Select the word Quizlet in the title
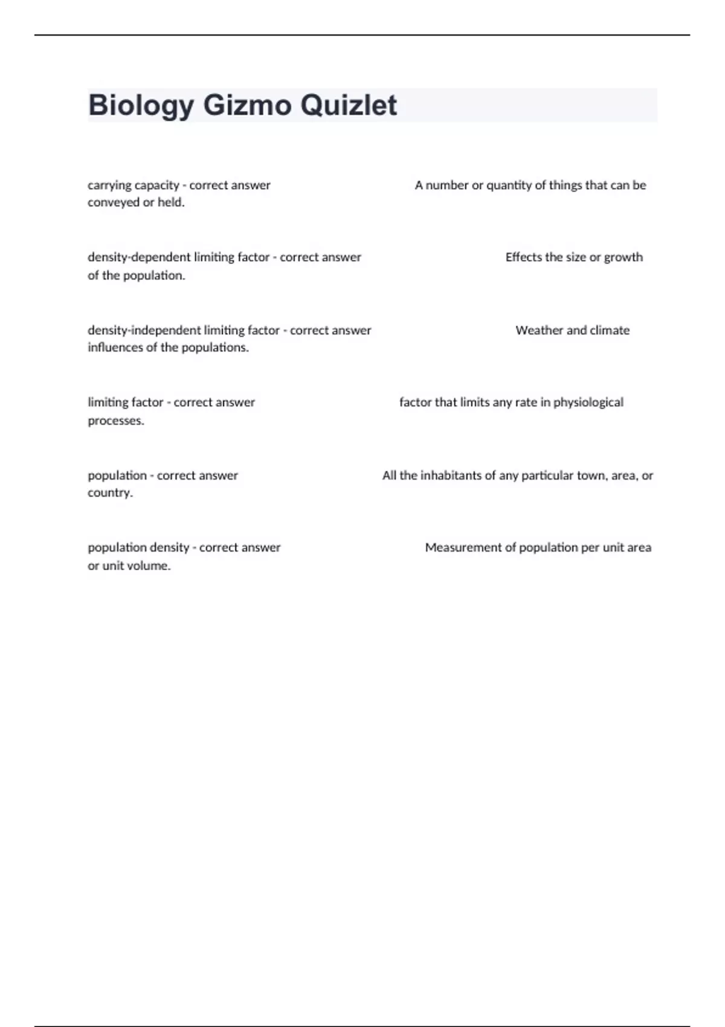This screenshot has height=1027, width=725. [349, 106]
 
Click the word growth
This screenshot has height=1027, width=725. [623, 257]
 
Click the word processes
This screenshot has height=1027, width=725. [116, 421]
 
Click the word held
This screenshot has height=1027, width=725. [171, 202]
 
